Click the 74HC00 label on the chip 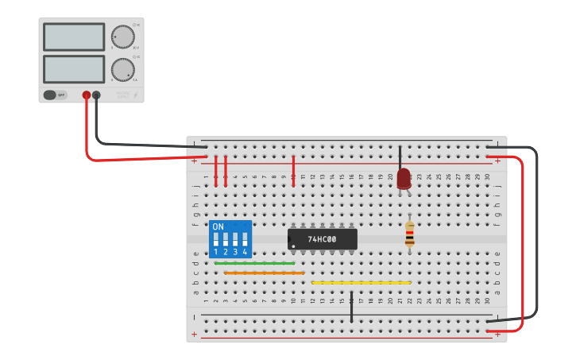(x=322, y=239)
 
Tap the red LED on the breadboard (x=404, y=178)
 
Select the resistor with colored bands (x=409, y=234)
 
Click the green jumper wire (x=254, y=263)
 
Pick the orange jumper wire (x=264, y=273)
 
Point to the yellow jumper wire (x=361, y=282)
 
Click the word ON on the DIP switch (x=218, y=227)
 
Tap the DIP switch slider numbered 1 (x=215, y=238)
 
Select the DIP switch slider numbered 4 (x=245, y=238)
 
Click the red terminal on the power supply (x=87, y=95)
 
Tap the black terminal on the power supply (x=96, y=95)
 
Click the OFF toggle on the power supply (x=55, y=95)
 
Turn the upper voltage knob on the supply (x=122, y=37)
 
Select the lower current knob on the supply (x=122, y=68)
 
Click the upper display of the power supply (x=74, y=37)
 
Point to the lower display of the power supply (x=74, y=68)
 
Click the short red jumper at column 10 (x=293, y=171)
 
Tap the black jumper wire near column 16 (x=351, y=307)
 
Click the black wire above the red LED (x=400, y=157)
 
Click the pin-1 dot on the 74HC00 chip (x=293, y=247)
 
